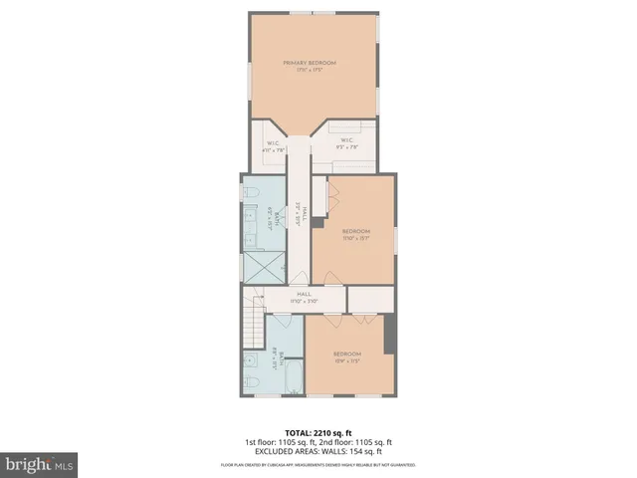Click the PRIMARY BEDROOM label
[x=310, y=63]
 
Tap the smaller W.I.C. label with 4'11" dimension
[x=273, y=143]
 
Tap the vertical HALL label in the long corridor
[x=300, y=210]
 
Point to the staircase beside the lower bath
[x=253, y=326]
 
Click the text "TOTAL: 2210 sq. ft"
[x=318, y=433]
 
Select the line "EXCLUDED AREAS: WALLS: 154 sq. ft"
[x=318, y=451]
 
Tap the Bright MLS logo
[x=40, y=465]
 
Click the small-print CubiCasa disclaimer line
[x=318, y=465]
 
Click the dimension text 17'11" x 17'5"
[x=310, y=70]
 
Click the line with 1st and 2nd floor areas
[x=318, y=442]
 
